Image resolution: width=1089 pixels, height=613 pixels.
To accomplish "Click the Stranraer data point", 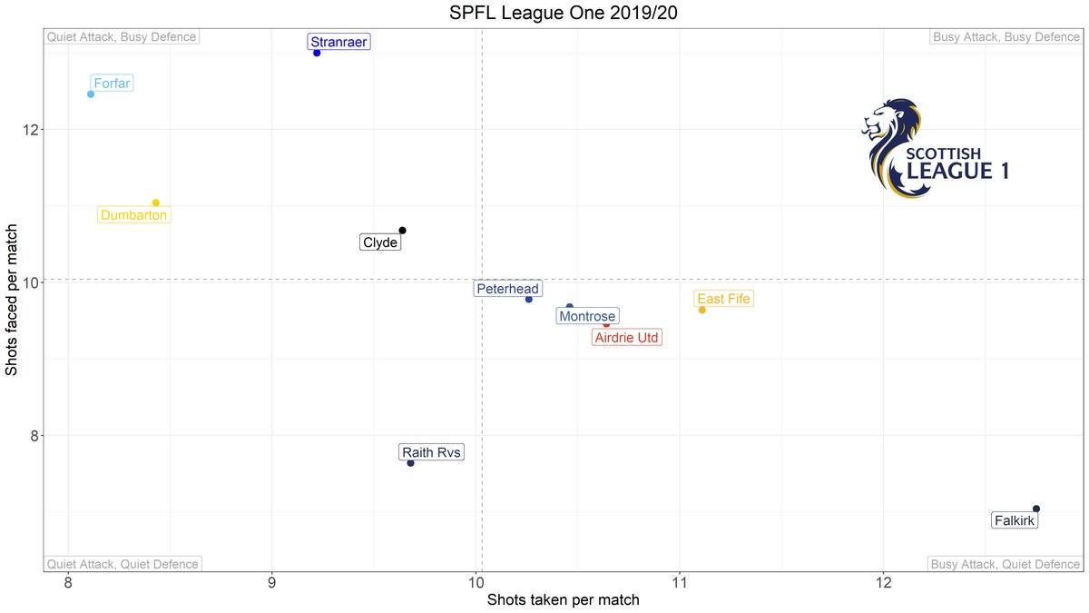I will pyautogui.click(x=317, y=53).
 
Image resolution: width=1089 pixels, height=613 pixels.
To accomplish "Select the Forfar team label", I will pyautogui.click(x=113, y=84).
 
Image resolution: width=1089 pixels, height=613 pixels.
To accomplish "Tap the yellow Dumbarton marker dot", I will pyautogui.click(x=156, y=203).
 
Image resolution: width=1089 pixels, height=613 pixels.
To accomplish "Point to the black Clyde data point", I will pyautogui.click(x=402, y=231).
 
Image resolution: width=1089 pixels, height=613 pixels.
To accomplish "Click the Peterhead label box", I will pyautogui.click(x=507, y=289).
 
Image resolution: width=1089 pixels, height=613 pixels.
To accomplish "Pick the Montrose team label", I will pyautogui.click(x=586, y=316).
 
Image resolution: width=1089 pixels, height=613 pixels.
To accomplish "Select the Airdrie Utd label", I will pyautogui.click(x=627, y=337).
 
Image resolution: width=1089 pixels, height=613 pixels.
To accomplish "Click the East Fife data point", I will pyautogui.click(x=701, y=310).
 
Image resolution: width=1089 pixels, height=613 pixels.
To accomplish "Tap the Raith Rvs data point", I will pyautogui.click(x=410, y=463).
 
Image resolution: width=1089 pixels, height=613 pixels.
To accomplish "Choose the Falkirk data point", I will pyautogui.click(x=1036, y=509).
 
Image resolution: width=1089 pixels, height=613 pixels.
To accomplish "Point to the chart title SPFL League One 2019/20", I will pyautogui.click(x=544, y=14).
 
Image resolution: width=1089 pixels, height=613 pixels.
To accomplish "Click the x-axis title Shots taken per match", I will pyautogui.click(x=564, y=600).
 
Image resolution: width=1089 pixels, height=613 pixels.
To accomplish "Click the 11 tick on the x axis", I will pyautogui.click(x=680, y=583).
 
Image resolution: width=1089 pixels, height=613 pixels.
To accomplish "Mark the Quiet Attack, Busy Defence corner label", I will pyautogui.click(x=122, y=37).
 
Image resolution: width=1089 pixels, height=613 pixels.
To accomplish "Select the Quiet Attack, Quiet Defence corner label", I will pyautogui.click(x=123, y=564).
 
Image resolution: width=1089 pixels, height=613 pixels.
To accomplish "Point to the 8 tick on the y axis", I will pyautogui.click(x=33, y=435).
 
